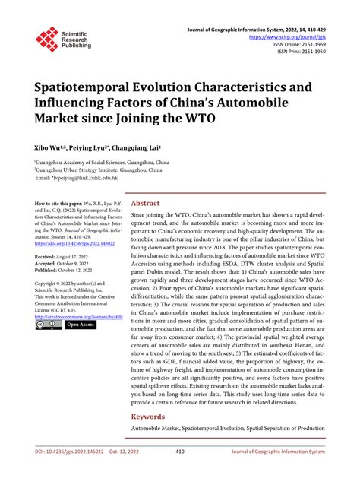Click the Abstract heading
coord(145,204)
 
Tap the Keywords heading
coord(148,417)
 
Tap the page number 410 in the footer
coord(180,472)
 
